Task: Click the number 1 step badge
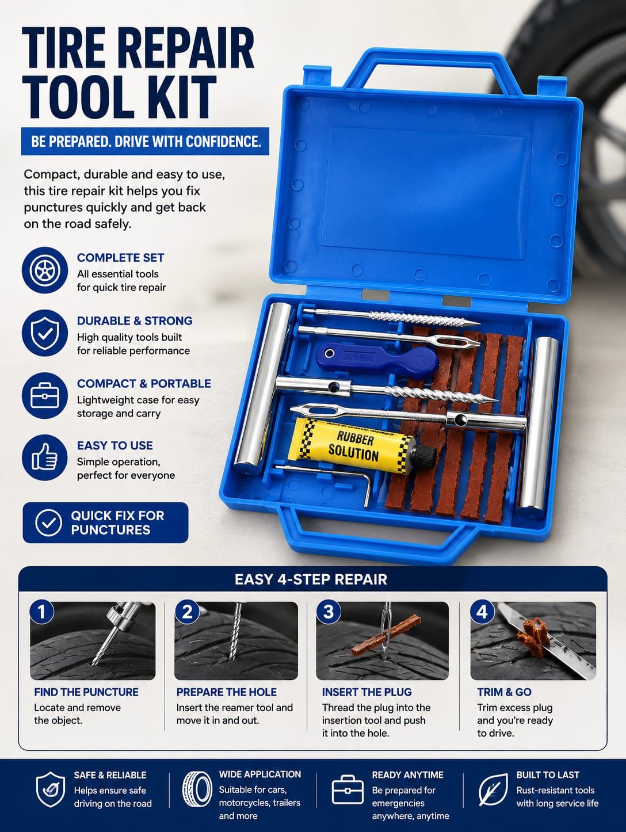(41, 612)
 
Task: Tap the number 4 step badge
(482, 612)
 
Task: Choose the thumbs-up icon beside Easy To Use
(45, 457)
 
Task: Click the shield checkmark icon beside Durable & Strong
(45, 333)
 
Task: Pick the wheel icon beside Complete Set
(45, 270)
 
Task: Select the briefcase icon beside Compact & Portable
(45, 395)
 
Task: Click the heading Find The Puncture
(86, 692)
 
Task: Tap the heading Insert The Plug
(367, 692)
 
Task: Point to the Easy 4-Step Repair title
(311, 579)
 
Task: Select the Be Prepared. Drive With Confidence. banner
(145, 142)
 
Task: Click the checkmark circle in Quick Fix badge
(48, 522)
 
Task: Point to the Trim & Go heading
(504, 692)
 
